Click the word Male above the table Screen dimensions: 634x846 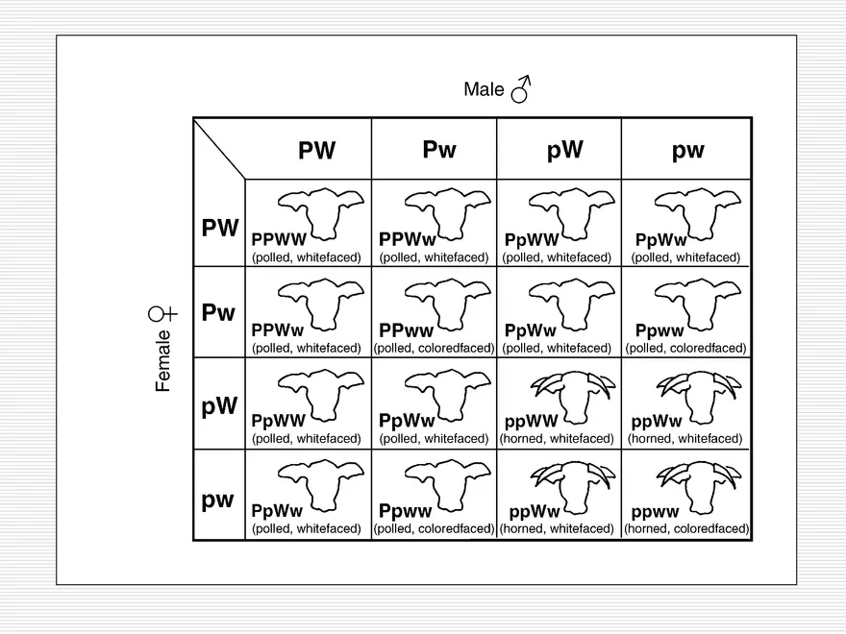point(484,89)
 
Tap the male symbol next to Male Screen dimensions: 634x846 point(521,89)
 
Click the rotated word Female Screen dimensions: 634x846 point(163,360)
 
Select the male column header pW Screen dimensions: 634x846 point(564,150)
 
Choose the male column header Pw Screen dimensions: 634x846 point(438,150)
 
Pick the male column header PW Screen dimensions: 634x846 point(316,151)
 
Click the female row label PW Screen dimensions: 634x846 point(219,229)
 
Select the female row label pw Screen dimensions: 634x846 point(217,500)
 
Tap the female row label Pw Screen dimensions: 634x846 point(218,313)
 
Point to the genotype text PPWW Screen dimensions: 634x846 point(279,239)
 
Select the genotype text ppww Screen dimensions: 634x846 point(655,512)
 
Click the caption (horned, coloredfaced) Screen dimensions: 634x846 point(686,529)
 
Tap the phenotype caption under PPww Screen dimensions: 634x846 point(434,349)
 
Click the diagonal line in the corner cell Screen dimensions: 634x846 point(219,149)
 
